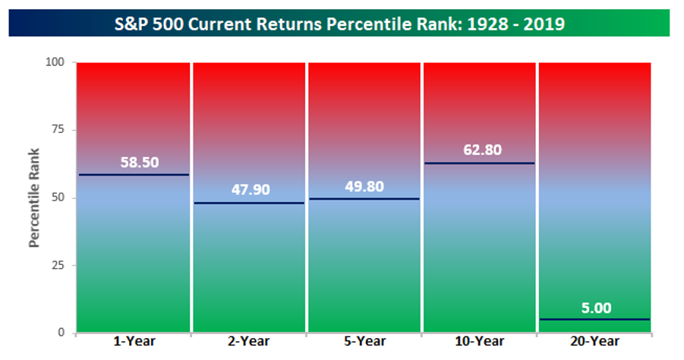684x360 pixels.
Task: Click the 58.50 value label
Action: (x=140, y=163)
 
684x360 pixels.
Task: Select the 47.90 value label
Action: (x=251, y=189)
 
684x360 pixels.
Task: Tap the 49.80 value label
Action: (x=364, y=186)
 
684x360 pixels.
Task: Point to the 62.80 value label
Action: (x=483, y=150)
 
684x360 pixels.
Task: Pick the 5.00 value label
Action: (x=597, y=308)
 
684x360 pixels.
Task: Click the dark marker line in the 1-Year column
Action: (x=134, y=175)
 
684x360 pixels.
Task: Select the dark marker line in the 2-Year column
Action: (x=249, y=203)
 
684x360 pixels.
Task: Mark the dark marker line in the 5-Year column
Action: (x=364, y=199)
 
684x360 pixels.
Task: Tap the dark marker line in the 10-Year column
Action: (x=480, y=163)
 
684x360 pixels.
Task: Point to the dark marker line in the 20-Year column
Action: (x=594, y=320)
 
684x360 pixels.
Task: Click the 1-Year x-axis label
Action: (x=134, y=341)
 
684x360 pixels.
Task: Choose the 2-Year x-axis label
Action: (x=249, y=341)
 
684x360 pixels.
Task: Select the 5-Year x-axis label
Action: (x=364, y=341)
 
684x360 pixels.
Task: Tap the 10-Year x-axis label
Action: (x=480, y=341)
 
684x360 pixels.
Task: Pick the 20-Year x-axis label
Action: (x=594, y=341)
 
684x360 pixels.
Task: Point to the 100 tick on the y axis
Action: (x=55, y=62)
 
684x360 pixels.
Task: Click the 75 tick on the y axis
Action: (x=58, y=130)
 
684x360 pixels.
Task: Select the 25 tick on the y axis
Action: (x=58, y=265)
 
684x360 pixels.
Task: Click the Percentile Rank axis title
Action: (x=34, y=197)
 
